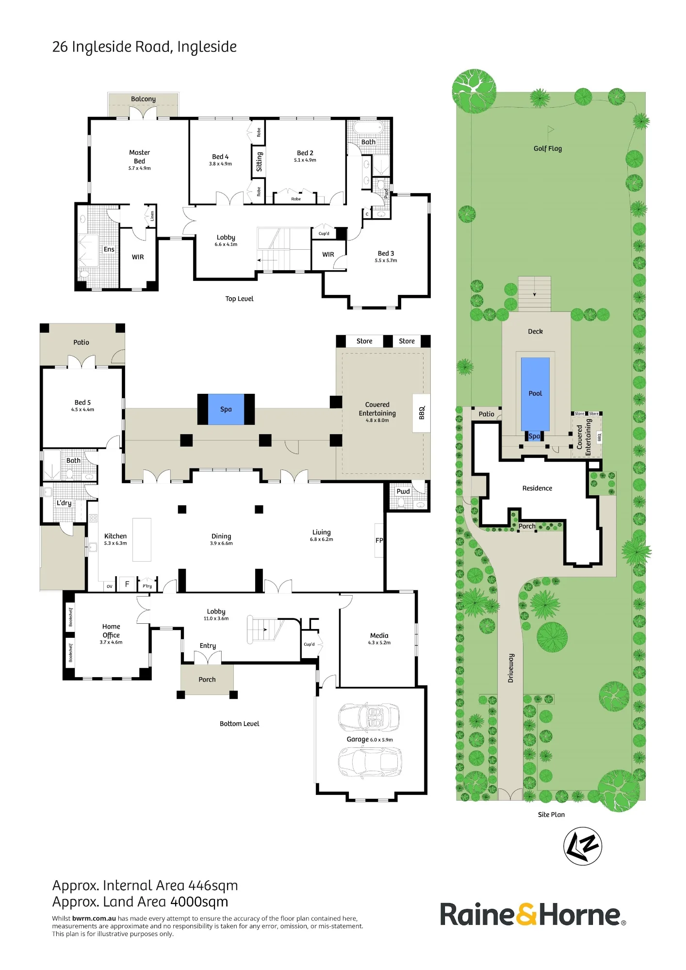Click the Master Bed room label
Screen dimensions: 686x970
click(x=140, y=157)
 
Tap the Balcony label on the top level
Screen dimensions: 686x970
click(x=143, y=99)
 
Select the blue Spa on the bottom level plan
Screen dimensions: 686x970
click(x=226, y=409)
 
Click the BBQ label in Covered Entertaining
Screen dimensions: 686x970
click(x=422, y=413)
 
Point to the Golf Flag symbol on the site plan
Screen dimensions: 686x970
click(x=551, y=131)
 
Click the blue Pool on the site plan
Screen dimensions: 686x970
click(x=535, y=394)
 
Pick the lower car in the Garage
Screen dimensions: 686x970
click(x=370, y=762)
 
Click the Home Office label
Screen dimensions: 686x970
click(x=111, y=630)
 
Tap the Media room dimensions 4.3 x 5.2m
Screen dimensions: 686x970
click(x=379, y=643)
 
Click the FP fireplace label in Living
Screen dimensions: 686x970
click(x=379, y=540)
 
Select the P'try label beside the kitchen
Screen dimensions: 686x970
click(x=147, y=586)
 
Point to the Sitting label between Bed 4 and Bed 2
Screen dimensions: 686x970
click(x=259, y=162)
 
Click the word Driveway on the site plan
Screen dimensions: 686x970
click(x=510, y=668)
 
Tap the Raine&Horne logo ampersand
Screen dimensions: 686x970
click(x=526, y=915)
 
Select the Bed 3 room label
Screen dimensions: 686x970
click(x=386, y=253)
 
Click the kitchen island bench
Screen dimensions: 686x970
click(x=142, y=540)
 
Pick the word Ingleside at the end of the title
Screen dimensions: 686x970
click(x=207, y=47)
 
